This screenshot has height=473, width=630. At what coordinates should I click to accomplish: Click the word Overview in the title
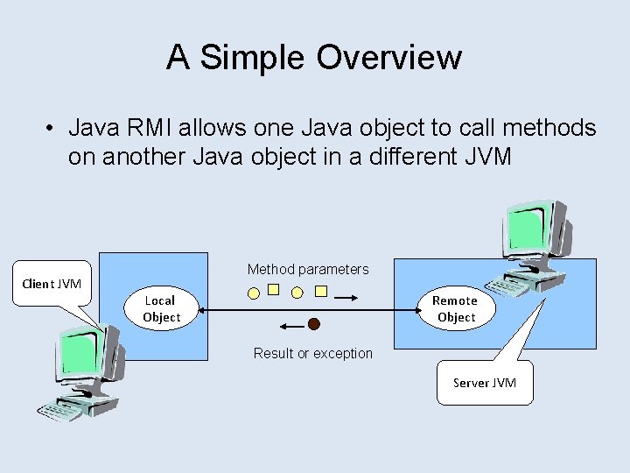[388, 58]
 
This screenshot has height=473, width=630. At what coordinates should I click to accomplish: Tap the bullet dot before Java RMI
[52, 129]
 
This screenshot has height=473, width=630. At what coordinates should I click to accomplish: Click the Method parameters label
[308, 269]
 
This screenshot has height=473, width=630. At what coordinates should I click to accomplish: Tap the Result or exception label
[312, 353]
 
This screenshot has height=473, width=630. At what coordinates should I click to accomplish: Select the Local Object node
[161, 308]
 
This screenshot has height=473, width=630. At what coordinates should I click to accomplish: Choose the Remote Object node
[456, 308]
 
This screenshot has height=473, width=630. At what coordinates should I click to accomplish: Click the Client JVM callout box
[52, 284]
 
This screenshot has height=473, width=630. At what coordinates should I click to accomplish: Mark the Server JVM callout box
[485, 383]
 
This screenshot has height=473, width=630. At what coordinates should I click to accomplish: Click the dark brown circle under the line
[314, 324]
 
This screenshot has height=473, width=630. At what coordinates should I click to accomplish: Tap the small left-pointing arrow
[290, 326]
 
